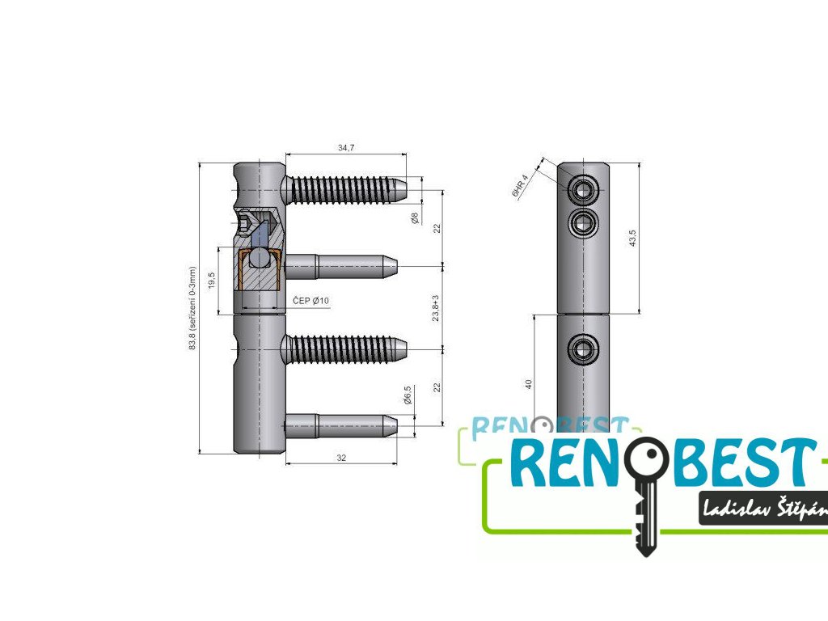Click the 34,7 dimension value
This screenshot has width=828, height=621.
click(344, 148)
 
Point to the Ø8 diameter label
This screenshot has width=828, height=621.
click(414, 218)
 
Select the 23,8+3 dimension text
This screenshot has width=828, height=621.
click(437, 308)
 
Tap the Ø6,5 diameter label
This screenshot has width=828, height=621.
click(408, 395)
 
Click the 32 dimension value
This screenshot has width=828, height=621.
click(341, 458)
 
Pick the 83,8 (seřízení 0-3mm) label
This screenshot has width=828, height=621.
click(192, 308)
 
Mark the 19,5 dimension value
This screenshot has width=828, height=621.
click(213, 280)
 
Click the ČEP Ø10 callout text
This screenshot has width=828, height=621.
click(310, 302)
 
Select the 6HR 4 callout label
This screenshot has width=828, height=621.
click(519, 186)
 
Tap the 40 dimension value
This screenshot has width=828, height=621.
click(529, 384)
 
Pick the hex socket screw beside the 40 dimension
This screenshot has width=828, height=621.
click(583, 349)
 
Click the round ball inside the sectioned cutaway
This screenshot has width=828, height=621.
click(260, 258)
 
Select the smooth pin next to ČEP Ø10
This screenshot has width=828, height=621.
click(340, 265)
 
